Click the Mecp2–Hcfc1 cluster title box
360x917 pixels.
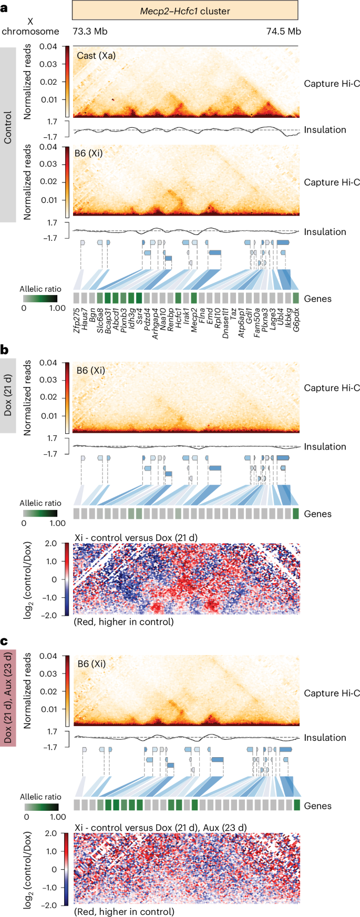[185, 10]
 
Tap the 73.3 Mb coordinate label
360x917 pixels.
[90, 31]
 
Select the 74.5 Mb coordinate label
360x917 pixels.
[283, 31]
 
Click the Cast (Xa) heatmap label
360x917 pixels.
[96, 55]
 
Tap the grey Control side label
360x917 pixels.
[8, 134]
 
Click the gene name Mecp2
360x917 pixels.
[193, 320]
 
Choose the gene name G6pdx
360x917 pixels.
[296, 321]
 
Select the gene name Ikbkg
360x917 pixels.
[289, 319]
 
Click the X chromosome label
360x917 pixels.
[30, 26]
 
